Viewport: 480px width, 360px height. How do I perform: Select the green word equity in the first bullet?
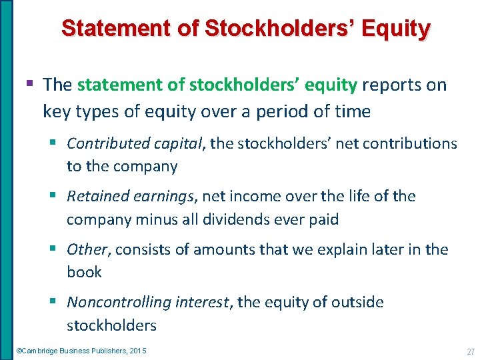[331, 85]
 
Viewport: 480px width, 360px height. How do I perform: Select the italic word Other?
[87, 249]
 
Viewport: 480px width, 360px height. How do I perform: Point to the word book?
[84, 272]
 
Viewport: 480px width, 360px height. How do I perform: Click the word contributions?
[409, 143]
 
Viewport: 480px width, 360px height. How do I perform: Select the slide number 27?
[470, 351]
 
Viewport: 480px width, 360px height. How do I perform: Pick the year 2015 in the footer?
[139, 351]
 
